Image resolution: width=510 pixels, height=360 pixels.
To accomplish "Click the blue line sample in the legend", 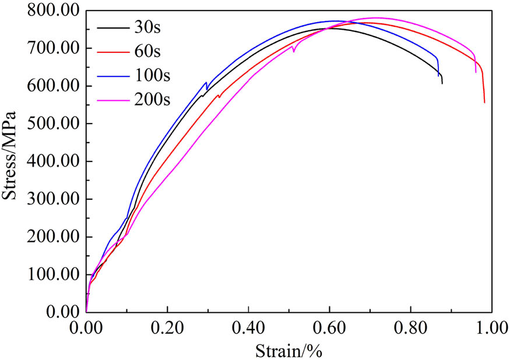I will (x=114, y=75).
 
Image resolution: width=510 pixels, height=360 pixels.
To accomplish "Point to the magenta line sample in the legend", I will (x=114, y=99).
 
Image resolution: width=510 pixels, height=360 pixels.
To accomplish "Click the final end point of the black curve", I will (x=442, y=84).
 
